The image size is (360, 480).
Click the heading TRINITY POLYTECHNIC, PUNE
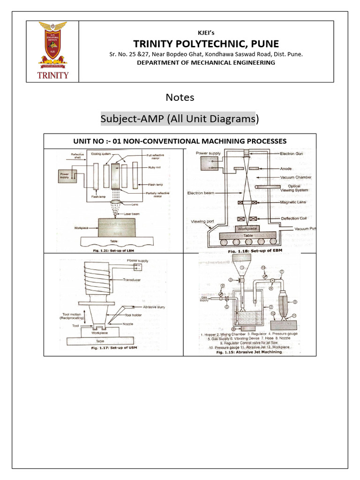pyautogui.click(x=206, y=44)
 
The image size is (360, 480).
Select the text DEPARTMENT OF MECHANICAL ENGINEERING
pyautogui.click(x=206, y=63)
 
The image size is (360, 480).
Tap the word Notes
pyautogui.click(x=180, y=97)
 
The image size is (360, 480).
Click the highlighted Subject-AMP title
pyautogui.click(x=180, y=119)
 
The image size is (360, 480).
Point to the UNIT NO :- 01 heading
pyautogui.click(x=180, y=141)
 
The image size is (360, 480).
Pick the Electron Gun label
pyautogui.click(x=293, y=153)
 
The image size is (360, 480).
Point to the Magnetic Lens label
pyautogui.click(x=293, y=202)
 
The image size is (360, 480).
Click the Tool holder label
pyautogui.click(x=133, y=315)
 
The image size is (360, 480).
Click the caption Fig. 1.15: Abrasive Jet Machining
pyautogui.click(x=249, y=352)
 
